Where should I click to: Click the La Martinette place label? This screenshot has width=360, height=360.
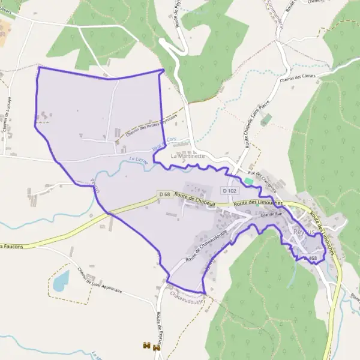point(188,156)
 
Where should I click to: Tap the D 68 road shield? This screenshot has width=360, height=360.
point(165,194)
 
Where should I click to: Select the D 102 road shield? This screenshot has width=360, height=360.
point(229,190)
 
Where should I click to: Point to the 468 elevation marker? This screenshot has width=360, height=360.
point(312,259)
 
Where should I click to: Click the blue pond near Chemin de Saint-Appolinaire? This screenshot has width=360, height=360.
point(61,280)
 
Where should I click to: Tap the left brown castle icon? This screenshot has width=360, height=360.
point(146,346)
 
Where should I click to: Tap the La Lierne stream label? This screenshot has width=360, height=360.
point(138,160)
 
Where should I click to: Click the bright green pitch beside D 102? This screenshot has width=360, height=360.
point(248,181)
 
